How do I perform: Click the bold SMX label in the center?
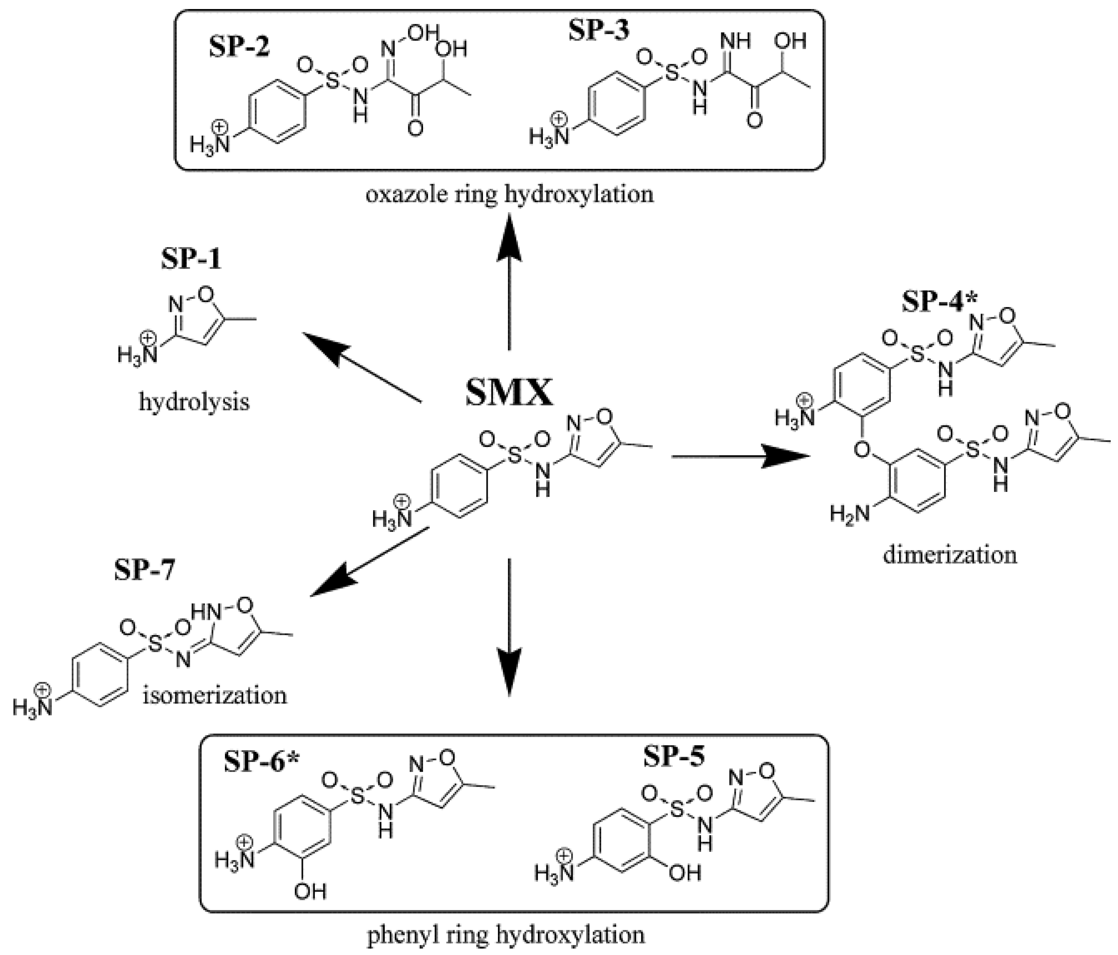509,393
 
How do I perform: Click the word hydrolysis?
194,402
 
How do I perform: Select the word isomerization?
215,695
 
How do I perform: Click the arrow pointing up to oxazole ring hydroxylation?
509,281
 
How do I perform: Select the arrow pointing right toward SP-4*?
745,456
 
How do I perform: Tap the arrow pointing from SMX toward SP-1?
361,367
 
